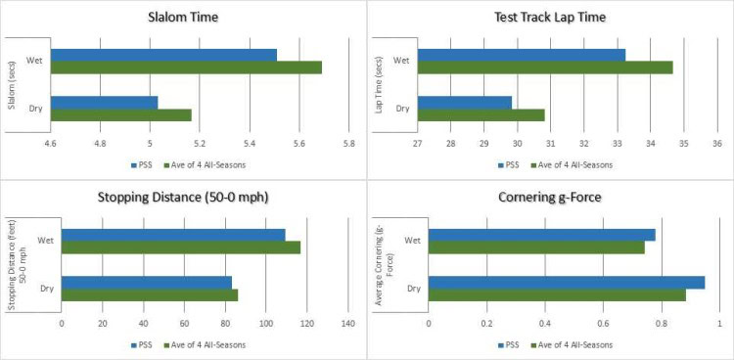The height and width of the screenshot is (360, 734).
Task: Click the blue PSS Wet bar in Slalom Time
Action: coord(163,55)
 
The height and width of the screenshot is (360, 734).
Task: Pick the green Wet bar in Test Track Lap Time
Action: coord(545,67)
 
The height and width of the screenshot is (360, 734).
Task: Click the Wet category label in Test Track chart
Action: coord(401,61)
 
